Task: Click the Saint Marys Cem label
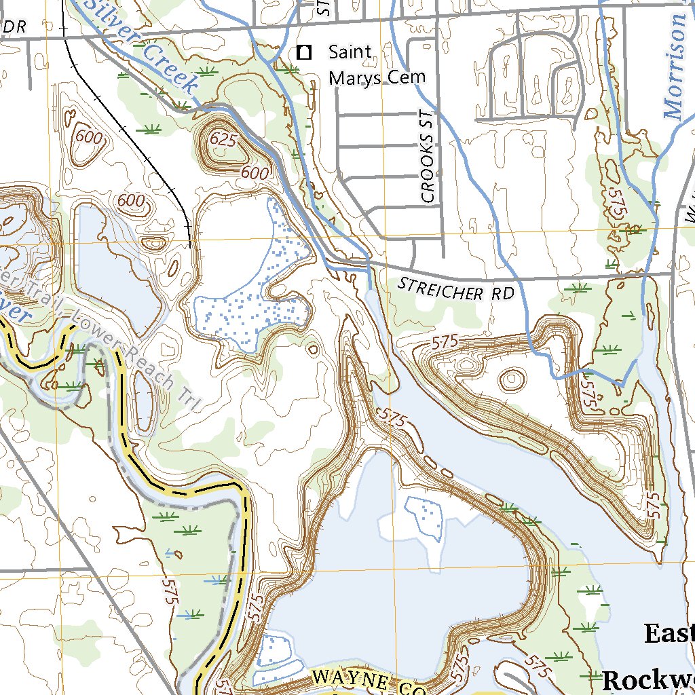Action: [377, 64]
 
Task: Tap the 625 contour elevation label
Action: [223, 139]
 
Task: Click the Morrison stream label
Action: [675, 68]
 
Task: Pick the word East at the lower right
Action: [669, 634]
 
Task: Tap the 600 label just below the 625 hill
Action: [255, 173]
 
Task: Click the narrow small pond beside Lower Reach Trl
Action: [143, 400]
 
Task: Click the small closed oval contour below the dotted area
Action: [312, 350]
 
